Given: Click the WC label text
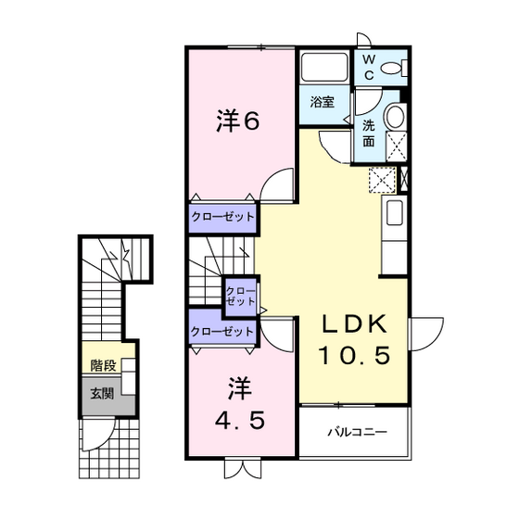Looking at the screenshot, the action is tap(369, 68).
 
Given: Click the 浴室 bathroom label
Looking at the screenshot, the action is tap(323, 102).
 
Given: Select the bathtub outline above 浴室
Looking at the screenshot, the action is tap(324, 67).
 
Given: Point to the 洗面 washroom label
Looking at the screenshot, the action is tap(369, 133).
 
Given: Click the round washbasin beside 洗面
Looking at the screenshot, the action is tap(395, 116).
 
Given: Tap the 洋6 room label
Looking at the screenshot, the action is tap(237, 121).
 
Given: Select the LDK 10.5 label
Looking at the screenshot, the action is tap(354, 339).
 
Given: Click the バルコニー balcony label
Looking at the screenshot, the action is tap(357, 432).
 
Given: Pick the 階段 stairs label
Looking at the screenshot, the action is tap(103, 365).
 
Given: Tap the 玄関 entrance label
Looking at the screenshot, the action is tap(102, 394).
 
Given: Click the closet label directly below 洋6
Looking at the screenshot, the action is tap(222, 217).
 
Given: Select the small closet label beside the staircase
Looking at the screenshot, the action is tap(240, 297).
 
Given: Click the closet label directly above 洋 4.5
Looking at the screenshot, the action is tap(222, 332).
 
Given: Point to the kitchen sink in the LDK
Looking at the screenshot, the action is tap(395, 213).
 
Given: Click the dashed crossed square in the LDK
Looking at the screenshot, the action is tap(382, 181).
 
